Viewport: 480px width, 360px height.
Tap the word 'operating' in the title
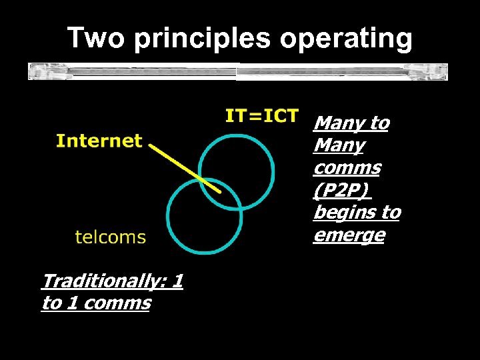pos(346,39)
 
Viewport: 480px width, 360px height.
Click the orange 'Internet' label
pos(99,141)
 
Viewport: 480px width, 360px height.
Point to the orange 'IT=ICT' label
pos(261,116)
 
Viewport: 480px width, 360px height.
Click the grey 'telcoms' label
pos(110,237)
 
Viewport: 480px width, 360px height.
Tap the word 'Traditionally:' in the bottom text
pos(103,281)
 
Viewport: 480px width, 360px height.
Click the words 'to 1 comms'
pos(96,303)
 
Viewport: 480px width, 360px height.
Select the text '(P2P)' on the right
pos(341,190)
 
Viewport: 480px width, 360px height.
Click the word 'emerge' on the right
pos(349,235)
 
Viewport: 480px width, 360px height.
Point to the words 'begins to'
pos(357,213)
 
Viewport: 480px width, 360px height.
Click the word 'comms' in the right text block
pos(346,167)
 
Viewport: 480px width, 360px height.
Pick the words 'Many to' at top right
pos(351,123)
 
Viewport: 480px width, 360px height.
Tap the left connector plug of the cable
pos(38,71)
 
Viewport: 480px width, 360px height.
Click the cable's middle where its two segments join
pos(238,71)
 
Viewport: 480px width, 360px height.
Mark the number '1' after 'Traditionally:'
pos(177,281)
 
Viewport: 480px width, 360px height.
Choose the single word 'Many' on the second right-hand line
pos(339,145)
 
